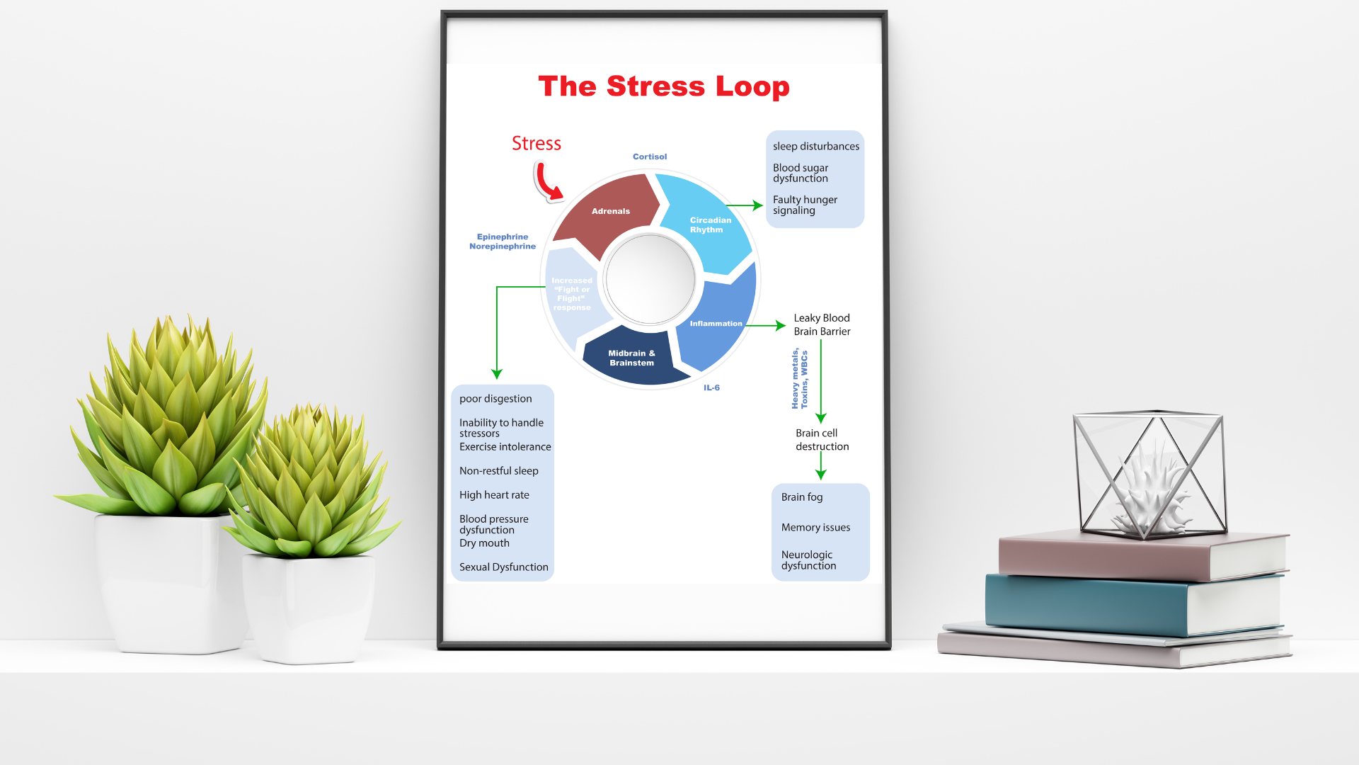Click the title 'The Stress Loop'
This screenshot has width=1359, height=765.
pos(663,86)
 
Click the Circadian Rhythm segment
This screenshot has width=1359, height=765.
pos(710,225)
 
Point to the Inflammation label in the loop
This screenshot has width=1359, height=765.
pos(716,324)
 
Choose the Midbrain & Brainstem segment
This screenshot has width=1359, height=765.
pos(631,358)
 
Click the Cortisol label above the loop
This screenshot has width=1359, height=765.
pos(649,157)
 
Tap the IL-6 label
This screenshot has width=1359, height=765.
pos(711,388)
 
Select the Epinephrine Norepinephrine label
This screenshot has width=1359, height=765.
pos(503,242)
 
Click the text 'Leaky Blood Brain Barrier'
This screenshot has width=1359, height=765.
pos(822,324)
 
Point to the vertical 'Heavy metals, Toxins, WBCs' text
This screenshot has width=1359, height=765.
pos(800,378)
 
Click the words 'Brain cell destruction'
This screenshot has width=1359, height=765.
pos(821,440)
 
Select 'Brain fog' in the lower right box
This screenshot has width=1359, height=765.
pos(802,497)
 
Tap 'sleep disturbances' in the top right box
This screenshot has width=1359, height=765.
pos(815,147)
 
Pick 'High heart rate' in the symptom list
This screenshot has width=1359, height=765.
pos(494,495)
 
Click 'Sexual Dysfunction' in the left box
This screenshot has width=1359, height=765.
pos(503,567)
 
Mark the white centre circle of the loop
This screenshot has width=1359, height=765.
pos(650,279)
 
